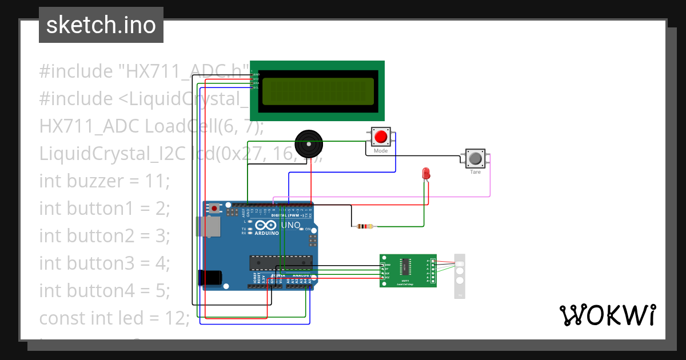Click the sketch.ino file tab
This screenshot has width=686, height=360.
tap(101, 25)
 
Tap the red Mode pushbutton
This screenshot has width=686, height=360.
tap(381, 137)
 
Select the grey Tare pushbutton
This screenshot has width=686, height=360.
tap(475, 158)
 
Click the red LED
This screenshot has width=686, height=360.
tap(425, 173)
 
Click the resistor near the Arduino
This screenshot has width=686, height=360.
tap(365, 226)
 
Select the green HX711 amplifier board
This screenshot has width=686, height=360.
tap(408, 270)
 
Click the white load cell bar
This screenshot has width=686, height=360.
tap(460, 275)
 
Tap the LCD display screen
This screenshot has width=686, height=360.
tap(318, 91)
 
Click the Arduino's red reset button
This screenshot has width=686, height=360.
tap(214, 209)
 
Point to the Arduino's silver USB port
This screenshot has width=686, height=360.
tap(207, 227)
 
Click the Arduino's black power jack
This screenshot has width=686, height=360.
tap(209, 278)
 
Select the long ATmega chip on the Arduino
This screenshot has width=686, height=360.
tap(281, 262)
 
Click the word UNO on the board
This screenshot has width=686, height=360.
tap(290, 225)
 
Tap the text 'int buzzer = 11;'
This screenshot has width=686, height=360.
tap(105, 181)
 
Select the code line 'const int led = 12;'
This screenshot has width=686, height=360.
tap(114, 318)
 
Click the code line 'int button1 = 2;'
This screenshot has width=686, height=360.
tap(105, 209)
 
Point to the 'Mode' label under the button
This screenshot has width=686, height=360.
tap(381, 151)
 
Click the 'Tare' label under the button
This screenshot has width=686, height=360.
tap(475, 172)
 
